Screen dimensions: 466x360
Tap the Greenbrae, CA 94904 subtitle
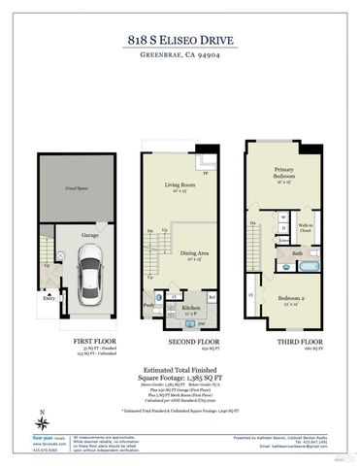tap(180, 57)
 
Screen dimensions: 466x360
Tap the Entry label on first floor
tap(48, 299)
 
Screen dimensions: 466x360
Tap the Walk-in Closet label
tap(305, 228)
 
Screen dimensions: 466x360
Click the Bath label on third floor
tap(298, 252)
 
